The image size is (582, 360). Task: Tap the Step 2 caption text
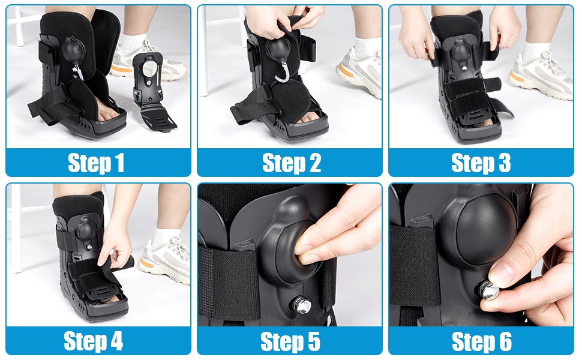[x=291, y=163]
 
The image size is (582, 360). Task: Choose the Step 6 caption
[x=481, y=341]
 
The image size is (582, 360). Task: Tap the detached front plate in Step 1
[x=150, y=90]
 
